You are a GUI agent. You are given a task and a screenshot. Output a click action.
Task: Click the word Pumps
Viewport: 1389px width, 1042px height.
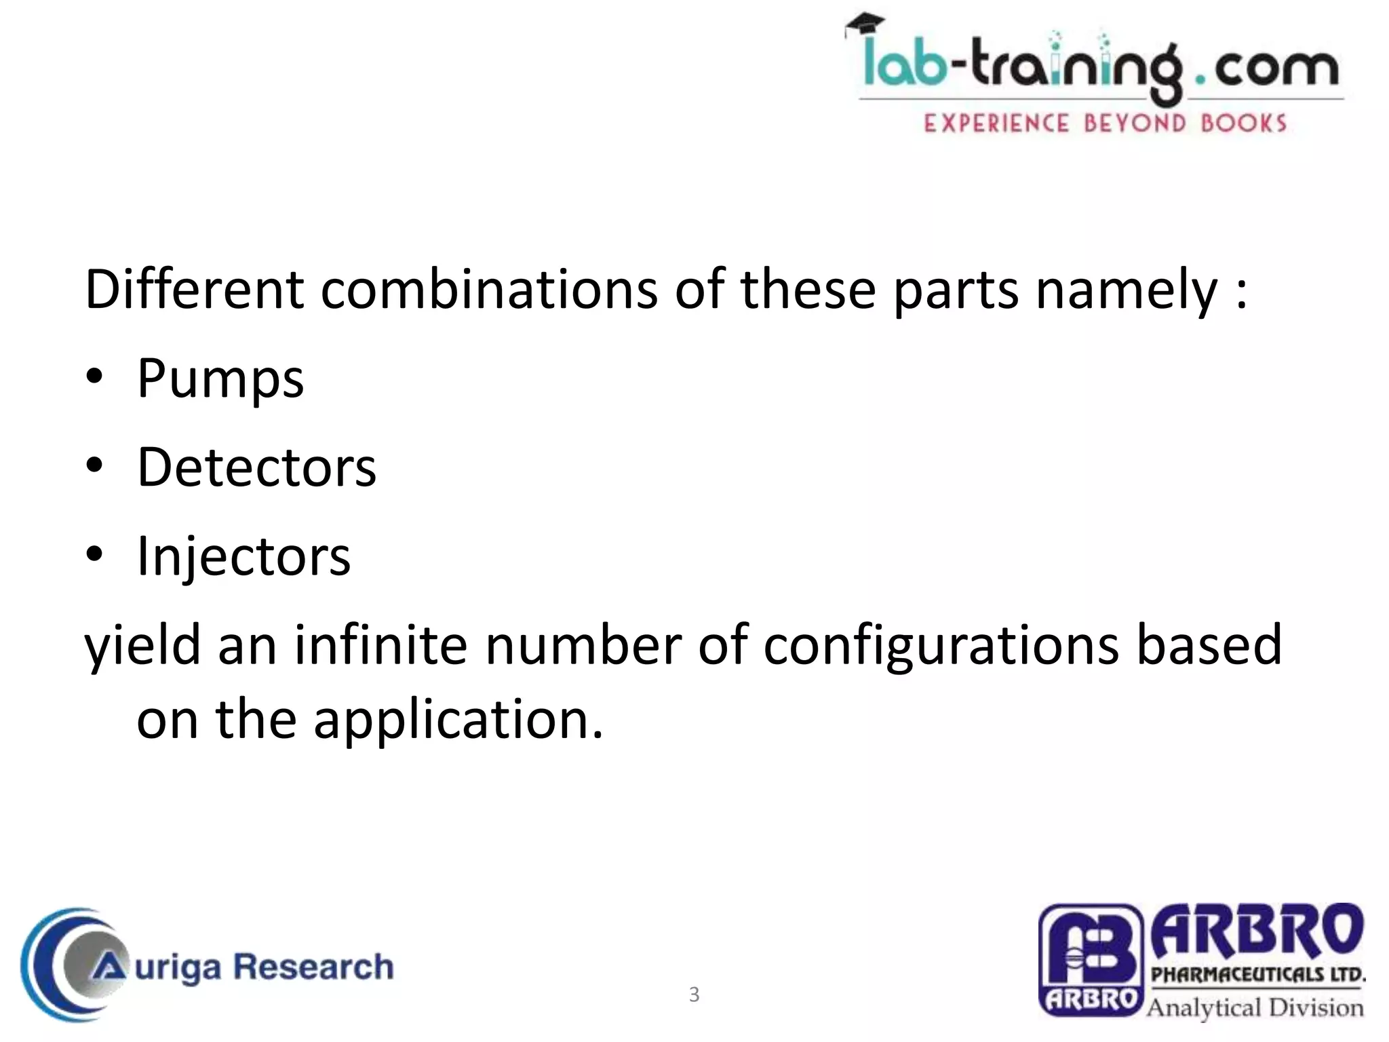coord(220,379)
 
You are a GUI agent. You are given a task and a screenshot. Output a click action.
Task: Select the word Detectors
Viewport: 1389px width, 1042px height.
coord(256,467)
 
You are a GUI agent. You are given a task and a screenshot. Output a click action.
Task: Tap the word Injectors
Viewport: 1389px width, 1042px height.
coord(243,556)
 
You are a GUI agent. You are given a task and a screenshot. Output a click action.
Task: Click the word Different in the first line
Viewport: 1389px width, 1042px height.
coord(193,290)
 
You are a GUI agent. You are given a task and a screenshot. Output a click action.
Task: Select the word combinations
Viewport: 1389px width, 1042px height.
coord(488,290)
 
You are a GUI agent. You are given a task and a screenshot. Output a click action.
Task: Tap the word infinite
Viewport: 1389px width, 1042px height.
coord(380,645)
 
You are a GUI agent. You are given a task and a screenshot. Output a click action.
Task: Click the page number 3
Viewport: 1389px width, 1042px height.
coord(694,995)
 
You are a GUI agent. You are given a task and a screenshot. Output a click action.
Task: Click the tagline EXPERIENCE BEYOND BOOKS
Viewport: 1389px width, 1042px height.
coord(1105,123)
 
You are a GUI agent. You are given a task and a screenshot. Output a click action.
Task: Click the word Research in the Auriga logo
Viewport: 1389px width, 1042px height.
coord(313,966)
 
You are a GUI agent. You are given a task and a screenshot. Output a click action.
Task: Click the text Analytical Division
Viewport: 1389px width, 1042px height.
coord(1255,1007)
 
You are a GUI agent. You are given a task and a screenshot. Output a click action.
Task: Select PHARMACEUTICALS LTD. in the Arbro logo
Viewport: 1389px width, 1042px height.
coord(1258,975)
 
